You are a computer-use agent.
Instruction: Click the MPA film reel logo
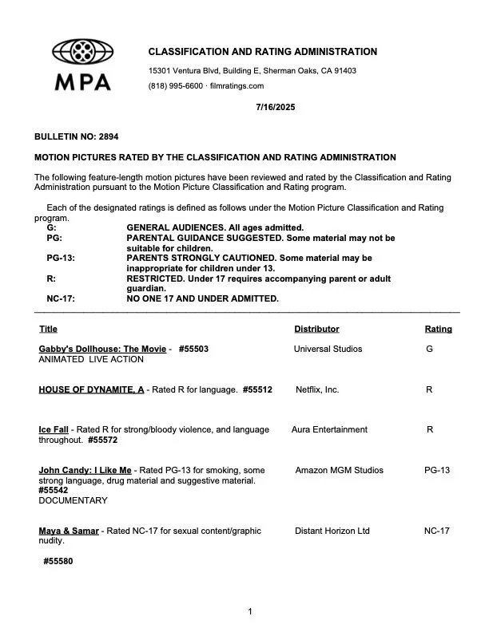82,53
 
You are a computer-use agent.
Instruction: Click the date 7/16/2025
276,107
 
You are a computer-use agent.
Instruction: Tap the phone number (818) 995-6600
173,86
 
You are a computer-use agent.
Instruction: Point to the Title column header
48,329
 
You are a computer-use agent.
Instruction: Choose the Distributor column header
316,329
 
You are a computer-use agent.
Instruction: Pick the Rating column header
438,329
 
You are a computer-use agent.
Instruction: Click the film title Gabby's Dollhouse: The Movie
102,349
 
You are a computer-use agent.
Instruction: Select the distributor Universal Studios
328,349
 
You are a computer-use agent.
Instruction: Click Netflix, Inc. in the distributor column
317,389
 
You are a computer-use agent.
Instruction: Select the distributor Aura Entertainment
329,429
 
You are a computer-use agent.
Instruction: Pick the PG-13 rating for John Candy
437,470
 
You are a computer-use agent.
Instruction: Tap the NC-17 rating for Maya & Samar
436,531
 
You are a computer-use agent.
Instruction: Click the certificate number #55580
58,561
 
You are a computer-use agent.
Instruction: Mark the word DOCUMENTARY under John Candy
73,500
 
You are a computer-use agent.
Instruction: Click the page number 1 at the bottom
250,612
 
